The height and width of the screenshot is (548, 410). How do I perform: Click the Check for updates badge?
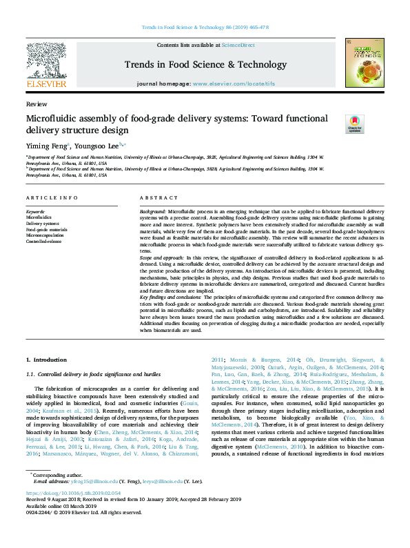(x=353, y=124)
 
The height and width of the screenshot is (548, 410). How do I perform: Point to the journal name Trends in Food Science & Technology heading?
(x=205, y=65)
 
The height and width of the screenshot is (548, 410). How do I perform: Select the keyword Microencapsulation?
(x=45, y=235)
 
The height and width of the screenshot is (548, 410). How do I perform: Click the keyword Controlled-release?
(x=43, y=242)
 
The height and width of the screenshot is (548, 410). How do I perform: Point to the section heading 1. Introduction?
(x=47, y=360)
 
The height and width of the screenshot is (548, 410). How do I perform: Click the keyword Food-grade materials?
(x=46, y=229)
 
